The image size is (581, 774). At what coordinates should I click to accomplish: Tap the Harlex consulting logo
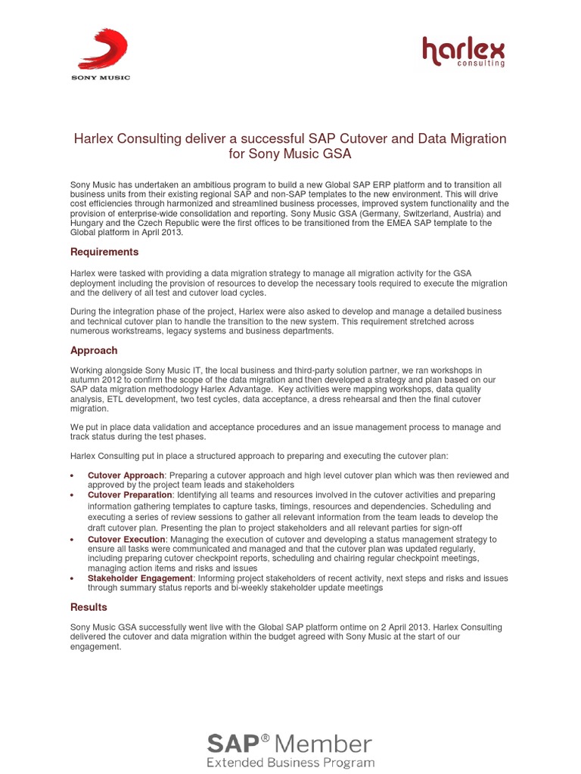463,52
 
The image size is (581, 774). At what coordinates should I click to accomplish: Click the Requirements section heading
104,252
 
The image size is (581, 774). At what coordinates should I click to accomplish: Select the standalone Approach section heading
94,350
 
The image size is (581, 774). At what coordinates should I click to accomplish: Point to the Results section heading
89,607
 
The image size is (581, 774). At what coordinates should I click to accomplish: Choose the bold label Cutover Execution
126,540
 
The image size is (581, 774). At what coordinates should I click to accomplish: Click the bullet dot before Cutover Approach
72,476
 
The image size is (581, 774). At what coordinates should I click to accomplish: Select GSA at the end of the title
337,154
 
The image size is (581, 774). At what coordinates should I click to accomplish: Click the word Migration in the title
478,138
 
